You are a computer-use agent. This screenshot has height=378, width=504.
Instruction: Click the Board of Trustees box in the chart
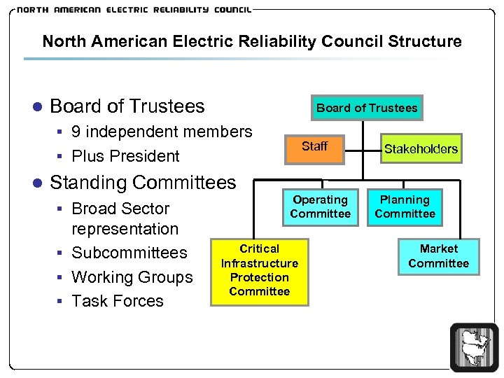coord(367,108)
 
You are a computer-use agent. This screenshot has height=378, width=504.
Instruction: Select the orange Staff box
coord(314,147)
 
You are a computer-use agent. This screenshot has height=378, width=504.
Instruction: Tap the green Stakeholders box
coord(421,148)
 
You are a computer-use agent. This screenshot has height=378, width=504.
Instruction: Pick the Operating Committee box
coord(320,206)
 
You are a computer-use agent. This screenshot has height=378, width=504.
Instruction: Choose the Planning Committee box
coord(405,206)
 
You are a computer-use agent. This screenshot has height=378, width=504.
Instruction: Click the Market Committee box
coord(439,256)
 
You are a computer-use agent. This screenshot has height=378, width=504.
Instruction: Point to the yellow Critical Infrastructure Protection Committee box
coord(259,271)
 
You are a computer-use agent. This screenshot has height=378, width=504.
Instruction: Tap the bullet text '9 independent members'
coord(162,132)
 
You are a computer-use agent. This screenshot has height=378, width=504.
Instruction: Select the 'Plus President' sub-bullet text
coord(125,156)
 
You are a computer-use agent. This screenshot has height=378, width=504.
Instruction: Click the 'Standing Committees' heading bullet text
coord(143,183)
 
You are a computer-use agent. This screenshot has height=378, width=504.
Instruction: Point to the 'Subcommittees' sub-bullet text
coord(129,253)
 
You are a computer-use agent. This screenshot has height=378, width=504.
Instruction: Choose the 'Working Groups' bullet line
coord(132,277)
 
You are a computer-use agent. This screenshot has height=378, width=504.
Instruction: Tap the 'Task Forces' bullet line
coord(118,301)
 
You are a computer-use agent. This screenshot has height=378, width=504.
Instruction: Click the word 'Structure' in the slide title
coord(427,41)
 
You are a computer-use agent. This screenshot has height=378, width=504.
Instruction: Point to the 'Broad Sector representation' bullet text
coord(125,218)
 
